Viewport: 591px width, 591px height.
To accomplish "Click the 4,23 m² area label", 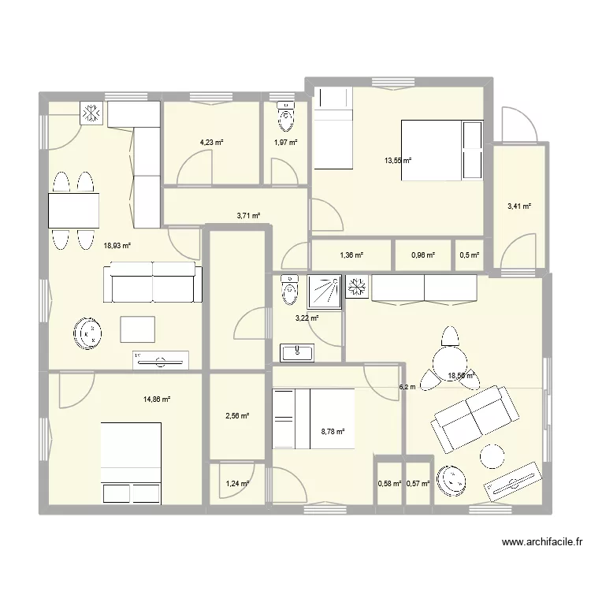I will point(211,143).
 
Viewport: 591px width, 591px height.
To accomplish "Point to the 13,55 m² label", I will point(398,161).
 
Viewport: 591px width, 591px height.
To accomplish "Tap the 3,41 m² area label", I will point(519,206).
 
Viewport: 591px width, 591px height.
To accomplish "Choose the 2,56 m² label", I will point(236,416).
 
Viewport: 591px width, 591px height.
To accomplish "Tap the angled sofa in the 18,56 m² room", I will point(474,418).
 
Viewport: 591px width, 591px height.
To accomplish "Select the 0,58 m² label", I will point(389,484).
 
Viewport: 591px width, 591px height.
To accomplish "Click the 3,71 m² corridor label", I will point(248,215).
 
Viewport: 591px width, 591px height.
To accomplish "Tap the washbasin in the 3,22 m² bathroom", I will point(297,351).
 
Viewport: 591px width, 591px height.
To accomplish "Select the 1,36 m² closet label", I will point(351,255).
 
